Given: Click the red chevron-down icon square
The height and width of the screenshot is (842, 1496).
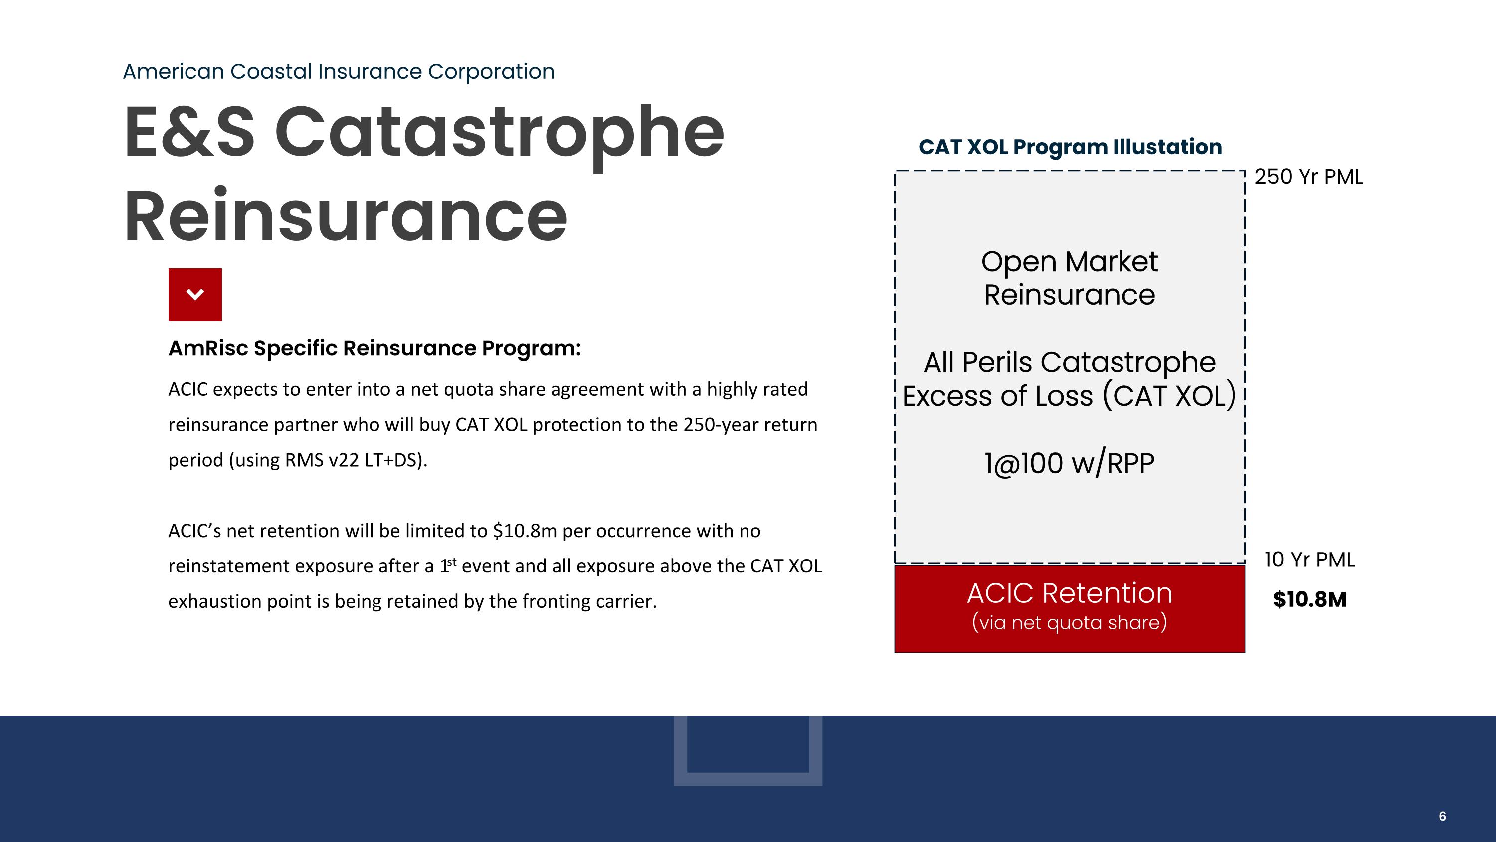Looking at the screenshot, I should tap(194, 294).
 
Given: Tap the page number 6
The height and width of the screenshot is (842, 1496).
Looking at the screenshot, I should tap(1442, 816).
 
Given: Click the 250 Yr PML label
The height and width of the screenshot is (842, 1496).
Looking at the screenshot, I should tap(1309, 177).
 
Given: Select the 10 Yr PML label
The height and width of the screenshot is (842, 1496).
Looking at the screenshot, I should tap(1309, 560).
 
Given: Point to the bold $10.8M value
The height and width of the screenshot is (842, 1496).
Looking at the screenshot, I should tap(1309, 599).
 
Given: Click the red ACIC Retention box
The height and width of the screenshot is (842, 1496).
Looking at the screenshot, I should tap(1069, 608).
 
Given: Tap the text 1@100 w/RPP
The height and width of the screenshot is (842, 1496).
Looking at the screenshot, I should tap(1069, 463).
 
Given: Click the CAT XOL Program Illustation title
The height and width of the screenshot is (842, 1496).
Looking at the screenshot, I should tap(1070, 147).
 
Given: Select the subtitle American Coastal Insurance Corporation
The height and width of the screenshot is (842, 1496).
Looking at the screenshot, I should tap(339, 71).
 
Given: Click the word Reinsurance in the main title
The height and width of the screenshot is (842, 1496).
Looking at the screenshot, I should tap(346, 216).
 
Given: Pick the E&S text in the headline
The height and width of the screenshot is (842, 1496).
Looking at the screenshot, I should tap(188, 132).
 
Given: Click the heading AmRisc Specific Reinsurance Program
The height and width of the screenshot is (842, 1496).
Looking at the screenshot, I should tap(374, 348).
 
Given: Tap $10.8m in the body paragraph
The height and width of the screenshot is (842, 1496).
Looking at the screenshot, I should tap(525, 531).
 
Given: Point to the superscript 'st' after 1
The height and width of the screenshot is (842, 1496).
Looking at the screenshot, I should tap(452, 561).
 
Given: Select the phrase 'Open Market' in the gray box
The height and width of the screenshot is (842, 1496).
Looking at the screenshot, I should tap(1069, 262).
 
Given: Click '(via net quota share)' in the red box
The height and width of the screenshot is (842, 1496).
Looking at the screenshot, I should tap(1069, 622).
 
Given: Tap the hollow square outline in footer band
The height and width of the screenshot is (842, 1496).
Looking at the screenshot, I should tap(748, 779).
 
